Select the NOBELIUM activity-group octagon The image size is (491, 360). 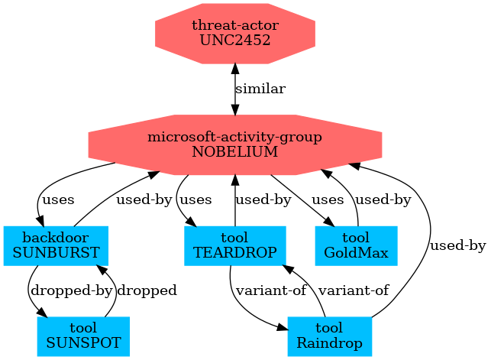click(234, 144)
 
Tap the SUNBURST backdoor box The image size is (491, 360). click(55, 245)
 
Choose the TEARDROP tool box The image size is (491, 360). click(234, 245)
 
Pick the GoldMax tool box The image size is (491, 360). click(357, 245)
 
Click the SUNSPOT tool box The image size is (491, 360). click(82, 336)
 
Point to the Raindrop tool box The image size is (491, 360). click(329, 336)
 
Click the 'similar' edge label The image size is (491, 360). click(260, 89)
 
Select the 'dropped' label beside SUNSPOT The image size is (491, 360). click(147, 290)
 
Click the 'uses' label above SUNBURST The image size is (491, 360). click(58, 200)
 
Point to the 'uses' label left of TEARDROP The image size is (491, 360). click(195, 200)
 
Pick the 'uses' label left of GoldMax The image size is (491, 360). click(328, 200)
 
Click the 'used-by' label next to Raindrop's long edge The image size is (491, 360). click(458, 246)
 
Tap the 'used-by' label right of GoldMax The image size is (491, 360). click(384, 200)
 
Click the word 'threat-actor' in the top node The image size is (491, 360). click(234, 26)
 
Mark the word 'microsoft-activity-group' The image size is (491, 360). click(234, 138)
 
